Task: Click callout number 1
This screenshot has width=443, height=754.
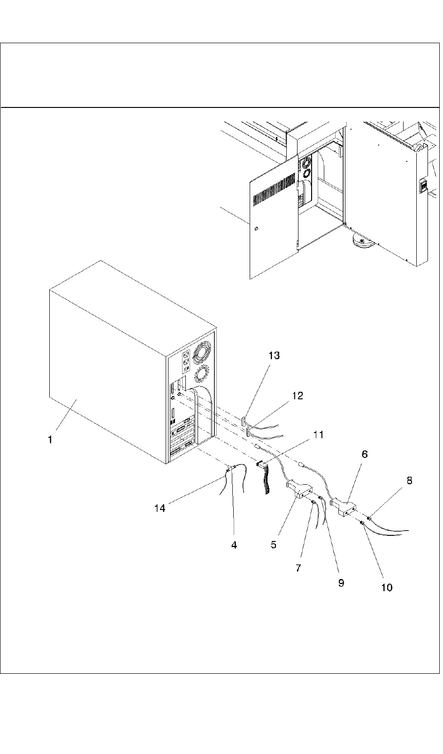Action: tap(50, 440)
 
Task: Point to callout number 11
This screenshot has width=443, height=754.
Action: tap(318, 434)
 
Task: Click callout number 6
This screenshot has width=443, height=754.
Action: tap(364, 454)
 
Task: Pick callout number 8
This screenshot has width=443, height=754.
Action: tap(409, 480)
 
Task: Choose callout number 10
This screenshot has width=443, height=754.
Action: tap(387, 587)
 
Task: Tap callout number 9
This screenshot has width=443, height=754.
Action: tap(341, 582)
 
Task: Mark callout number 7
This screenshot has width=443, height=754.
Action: tap(298, 568)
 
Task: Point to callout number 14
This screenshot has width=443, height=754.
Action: tap(160, 508)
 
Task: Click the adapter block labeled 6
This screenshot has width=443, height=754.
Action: tap(344, 509)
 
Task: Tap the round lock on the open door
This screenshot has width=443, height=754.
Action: tap(255, 229)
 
